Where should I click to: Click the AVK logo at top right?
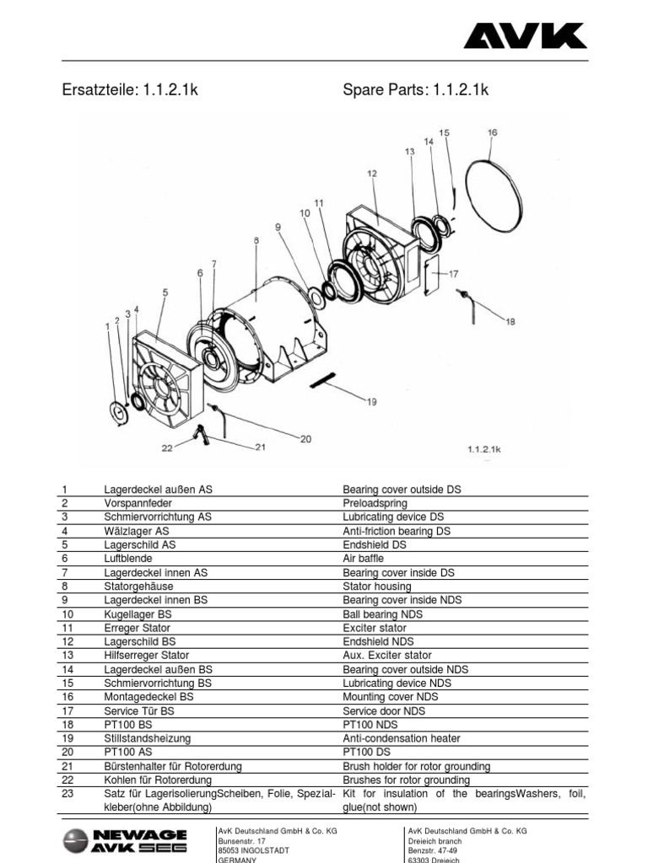point(524,35)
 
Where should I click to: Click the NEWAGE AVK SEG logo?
point(126,841)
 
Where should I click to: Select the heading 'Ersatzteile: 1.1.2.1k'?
point(131,91)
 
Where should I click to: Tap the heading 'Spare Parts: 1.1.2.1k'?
point(415,91)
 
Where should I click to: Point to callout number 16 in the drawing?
point(493,132)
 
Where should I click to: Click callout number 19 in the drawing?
point(371,402)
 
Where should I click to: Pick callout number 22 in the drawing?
point(167,448)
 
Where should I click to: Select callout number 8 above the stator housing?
point(256,240)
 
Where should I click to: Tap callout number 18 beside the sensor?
point(509,320)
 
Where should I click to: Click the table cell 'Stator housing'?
point(377,586)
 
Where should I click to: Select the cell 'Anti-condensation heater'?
point(402,738)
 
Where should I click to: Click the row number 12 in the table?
point(67,641)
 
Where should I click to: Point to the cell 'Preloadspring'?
point(375,503)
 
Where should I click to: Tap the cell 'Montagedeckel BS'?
point(148,697)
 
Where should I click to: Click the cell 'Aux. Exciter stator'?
point(386,655)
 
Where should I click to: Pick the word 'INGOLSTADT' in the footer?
point(262,850)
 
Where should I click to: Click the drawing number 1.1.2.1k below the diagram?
point(484,450)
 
